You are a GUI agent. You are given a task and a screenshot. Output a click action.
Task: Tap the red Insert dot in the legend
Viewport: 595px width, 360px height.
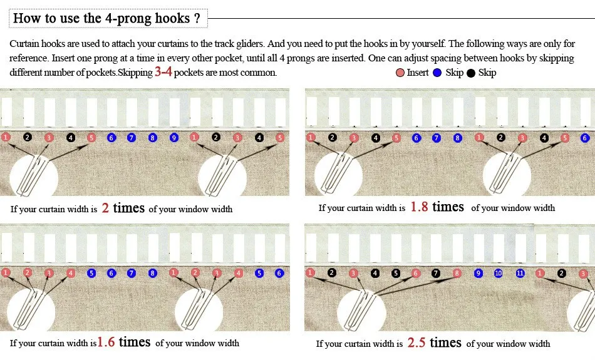[x=400, y=73]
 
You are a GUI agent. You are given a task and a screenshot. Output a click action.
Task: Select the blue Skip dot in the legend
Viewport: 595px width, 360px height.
[x=437, y=73]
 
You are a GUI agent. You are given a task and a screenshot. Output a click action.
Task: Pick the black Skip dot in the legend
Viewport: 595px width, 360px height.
[x=470, y=73]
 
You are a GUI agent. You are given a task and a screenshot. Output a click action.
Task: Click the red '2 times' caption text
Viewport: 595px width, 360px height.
[x=123, y=208]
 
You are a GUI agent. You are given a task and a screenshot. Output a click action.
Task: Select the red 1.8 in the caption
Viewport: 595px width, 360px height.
[x=419, y=207]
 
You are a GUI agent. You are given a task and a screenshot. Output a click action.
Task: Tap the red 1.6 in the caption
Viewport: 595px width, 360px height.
[x=106, y=342]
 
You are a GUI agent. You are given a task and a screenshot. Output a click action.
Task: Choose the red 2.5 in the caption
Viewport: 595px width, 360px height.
[x=416, y=343]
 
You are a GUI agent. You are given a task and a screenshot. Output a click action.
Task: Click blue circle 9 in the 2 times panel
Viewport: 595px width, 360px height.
[x=174, y=137]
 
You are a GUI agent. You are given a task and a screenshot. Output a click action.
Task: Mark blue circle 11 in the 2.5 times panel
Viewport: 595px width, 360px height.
[x=520, y=273]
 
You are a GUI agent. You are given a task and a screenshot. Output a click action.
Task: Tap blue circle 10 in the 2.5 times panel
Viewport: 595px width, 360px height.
[x=499, y=273]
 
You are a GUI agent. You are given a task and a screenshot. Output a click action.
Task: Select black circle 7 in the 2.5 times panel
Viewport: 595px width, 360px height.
[x=436, y=273]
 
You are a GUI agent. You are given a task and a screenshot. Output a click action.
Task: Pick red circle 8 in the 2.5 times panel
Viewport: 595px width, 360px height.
[x=457, y=273]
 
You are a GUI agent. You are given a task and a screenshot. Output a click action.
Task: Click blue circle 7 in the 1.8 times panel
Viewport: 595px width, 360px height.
[x=437, y=138]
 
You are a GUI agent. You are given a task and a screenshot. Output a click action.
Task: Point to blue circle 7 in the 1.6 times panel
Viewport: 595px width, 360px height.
[x=132, y=273]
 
